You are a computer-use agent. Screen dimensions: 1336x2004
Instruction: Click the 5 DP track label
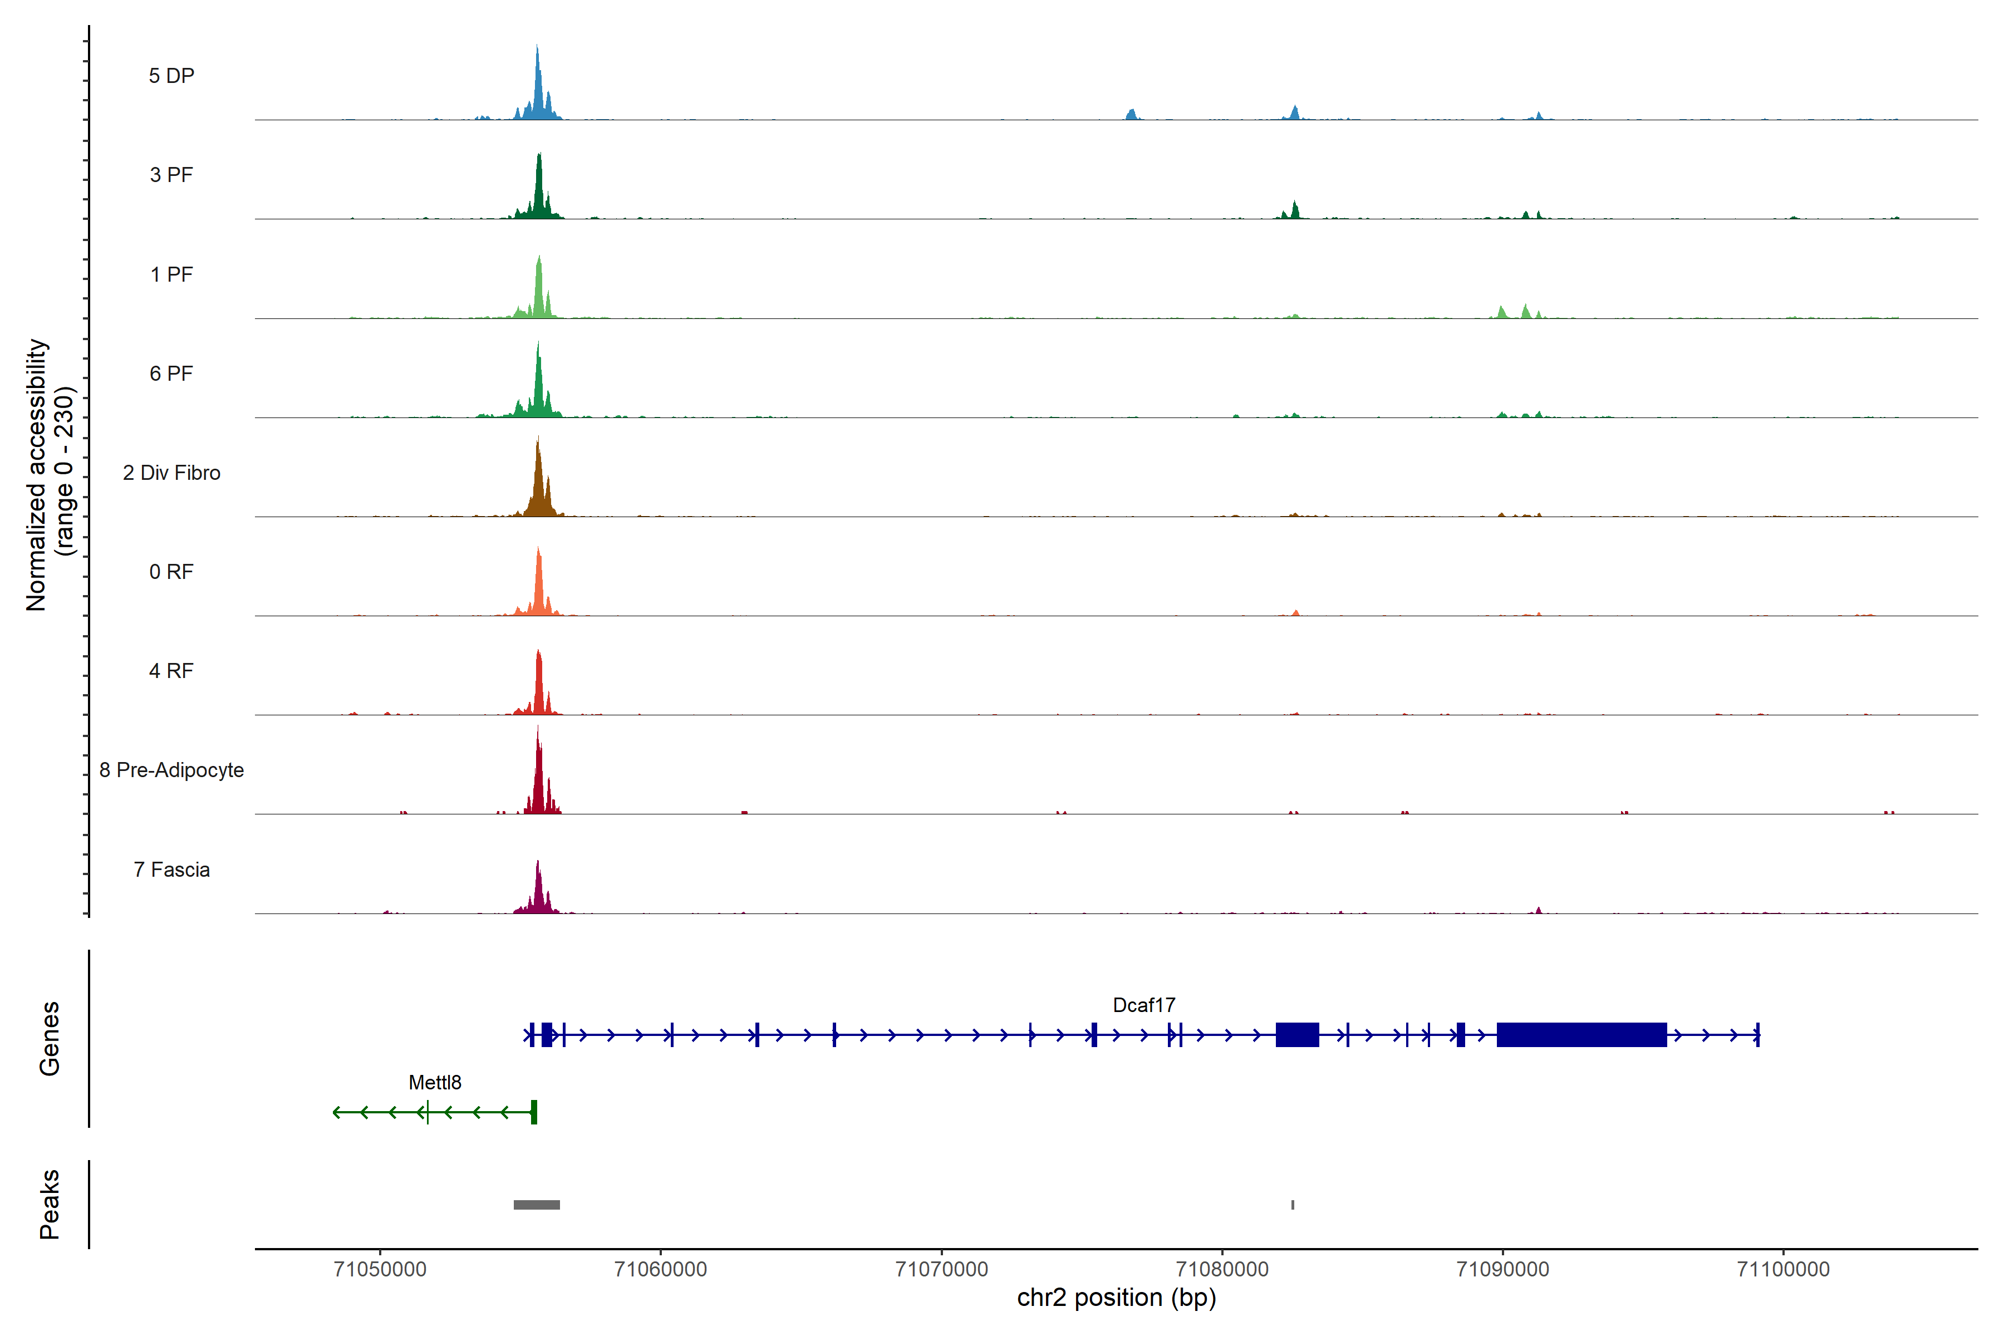171,76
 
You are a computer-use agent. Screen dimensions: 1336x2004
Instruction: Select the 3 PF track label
171,175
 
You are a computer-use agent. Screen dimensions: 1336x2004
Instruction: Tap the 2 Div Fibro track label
171,473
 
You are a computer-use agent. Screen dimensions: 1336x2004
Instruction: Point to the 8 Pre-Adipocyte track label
171,770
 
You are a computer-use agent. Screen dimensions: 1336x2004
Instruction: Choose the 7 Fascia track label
171,870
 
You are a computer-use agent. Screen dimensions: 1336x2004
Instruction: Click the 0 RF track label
171,572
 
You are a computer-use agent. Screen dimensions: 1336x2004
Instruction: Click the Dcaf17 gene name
1143,1005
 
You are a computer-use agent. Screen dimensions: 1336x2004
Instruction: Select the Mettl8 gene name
435,1082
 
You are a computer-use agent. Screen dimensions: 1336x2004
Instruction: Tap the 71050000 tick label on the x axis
380,1270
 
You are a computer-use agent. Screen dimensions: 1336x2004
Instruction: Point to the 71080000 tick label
1222,1270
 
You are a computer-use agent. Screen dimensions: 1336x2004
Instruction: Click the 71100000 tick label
1784,1270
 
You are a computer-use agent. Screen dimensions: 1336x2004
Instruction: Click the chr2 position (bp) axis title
1116,1298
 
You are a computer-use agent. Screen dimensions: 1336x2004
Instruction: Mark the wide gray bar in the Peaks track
537,1205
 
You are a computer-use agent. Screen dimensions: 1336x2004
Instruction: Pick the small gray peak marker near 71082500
1293,1205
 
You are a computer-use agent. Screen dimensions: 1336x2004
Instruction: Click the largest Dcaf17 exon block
1581,1034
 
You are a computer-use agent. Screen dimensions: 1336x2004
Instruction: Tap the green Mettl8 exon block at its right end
533,1112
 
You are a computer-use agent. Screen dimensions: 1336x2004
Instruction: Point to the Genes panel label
50,1039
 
